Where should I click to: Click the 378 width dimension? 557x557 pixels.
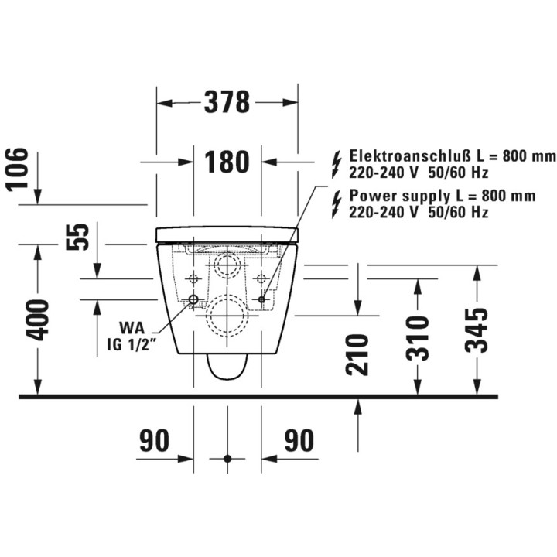227,102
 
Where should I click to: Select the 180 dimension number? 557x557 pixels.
227,162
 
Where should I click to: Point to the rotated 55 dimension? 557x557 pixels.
77,237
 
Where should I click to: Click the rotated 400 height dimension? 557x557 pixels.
36,320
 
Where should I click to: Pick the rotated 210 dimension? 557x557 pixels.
357,354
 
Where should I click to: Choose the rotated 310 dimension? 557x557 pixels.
418,338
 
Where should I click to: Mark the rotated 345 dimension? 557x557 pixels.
477,330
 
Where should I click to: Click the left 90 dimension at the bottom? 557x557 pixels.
154,440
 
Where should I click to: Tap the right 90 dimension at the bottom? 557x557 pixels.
299,440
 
